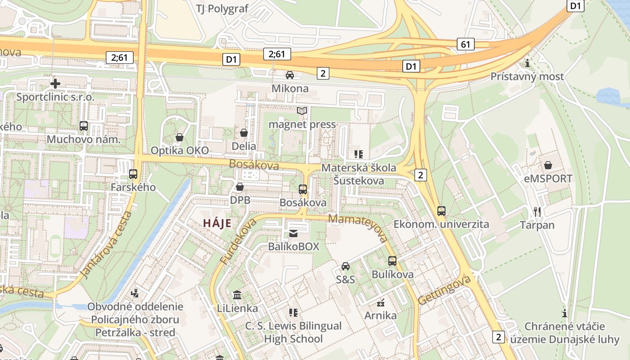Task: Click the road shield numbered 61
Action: point(466,44)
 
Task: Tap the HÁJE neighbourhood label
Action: point(217,223)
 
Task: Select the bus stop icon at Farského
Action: point(133,174)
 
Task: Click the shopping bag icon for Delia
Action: point(244,133)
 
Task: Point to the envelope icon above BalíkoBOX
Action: point(293,233)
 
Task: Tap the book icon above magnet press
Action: point(301,111)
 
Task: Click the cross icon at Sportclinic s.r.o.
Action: point(55,84)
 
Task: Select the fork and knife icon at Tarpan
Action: point(537,211)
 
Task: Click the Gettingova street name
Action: point(444,290)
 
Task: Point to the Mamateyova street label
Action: point(358,228)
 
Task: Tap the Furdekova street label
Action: point(238,242)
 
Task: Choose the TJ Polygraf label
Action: point(222,9)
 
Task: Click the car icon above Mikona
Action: point(290,75)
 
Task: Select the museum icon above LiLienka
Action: point(237,295)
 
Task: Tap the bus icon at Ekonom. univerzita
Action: point(441,211)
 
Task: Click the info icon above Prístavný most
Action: point(527,63)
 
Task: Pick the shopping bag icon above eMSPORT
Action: point(548,165)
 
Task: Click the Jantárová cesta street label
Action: point(107,245)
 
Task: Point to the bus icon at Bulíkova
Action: point(392,261)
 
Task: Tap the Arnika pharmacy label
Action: point(381,315)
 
